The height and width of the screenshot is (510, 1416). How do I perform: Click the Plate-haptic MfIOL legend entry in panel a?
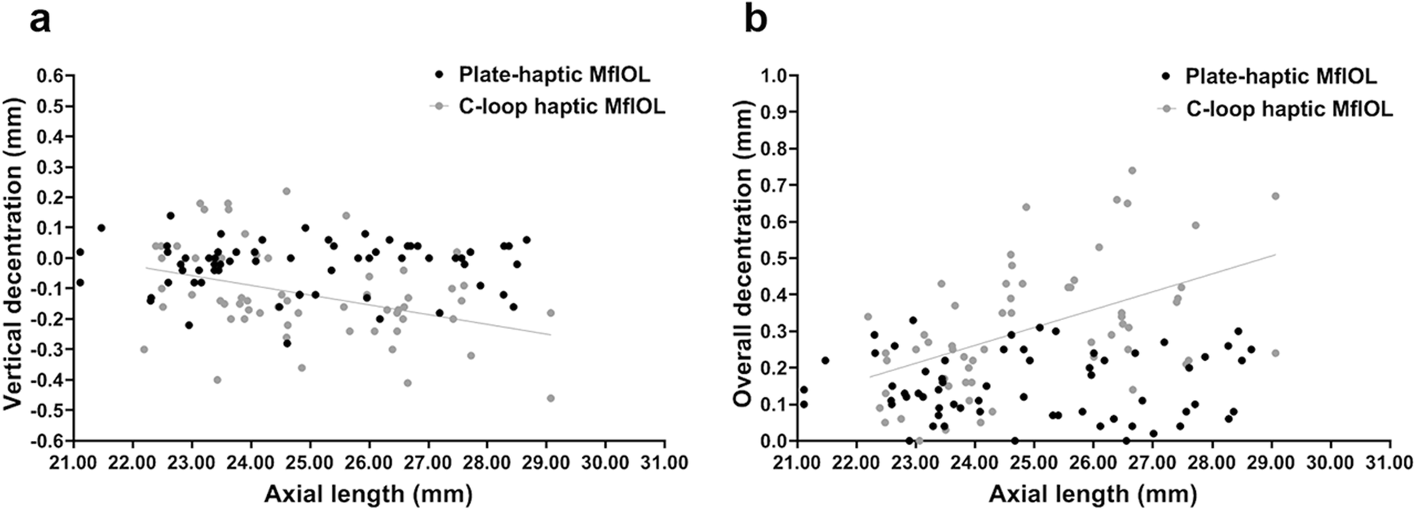pyautogui.click(x=554, y=74)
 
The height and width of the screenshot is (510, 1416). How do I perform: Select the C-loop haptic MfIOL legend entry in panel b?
pyautogui.click(x=1289, y=109)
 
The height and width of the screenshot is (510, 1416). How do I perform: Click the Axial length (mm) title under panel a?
pyautogui.click(x=368, y=494)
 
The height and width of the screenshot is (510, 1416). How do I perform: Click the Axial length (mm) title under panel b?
pyautogui.click(x=1092, y=494)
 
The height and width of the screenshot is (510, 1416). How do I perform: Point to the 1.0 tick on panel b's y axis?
pyautogui.click(x=775, y=75)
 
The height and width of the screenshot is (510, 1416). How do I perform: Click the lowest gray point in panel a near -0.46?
pyautogui.click(x=551, y=398)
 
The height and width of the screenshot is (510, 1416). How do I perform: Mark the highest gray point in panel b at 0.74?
pyautogui.click(x=1132, y=170)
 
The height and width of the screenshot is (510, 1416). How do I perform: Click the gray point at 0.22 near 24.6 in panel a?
pyautogui.click(x=287, y=191)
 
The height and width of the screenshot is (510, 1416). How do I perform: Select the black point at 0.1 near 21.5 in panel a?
pyautogui.click(x=101, y=228)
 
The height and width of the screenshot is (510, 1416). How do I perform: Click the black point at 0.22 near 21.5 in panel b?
pyautogui.click(x=825, y=360)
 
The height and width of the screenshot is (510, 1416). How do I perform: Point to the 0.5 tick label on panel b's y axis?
pyautogui.click(x=775, y=258)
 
